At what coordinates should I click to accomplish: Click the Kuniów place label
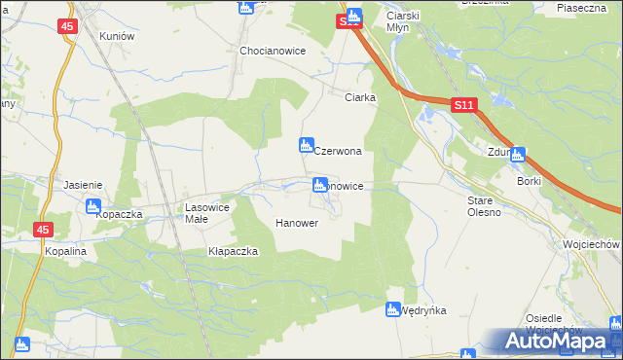[x=116, y=35]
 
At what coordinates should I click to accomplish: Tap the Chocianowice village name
[x=274, y=51]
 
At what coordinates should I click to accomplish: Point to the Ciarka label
[x=361, y=97]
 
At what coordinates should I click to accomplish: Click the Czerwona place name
[x=338, y=152]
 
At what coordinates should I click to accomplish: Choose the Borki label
[x=530, y=181]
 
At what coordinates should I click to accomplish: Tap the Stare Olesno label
[x=484, y=205]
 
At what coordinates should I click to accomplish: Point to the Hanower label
[x=297, y=223]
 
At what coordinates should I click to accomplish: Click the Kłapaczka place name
[x=233, y=251]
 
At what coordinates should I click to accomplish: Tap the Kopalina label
[x=66, y=251]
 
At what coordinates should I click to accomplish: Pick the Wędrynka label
[x=423, y=310]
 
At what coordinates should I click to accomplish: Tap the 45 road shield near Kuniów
[x=66, y=26]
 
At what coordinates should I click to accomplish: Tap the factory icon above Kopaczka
[x=93, y=206]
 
